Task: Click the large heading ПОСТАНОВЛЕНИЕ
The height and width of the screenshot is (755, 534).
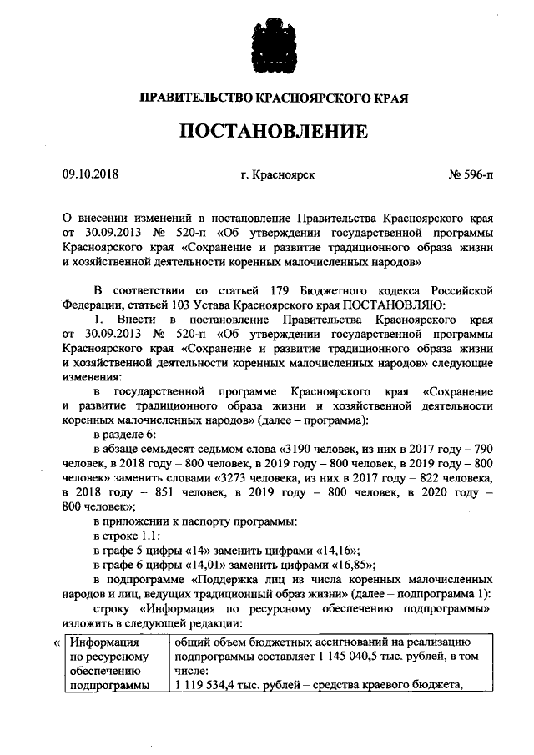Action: [268, 132]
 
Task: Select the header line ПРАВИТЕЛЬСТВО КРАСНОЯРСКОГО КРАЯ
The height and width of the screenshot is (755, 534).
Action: [268, 98]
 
